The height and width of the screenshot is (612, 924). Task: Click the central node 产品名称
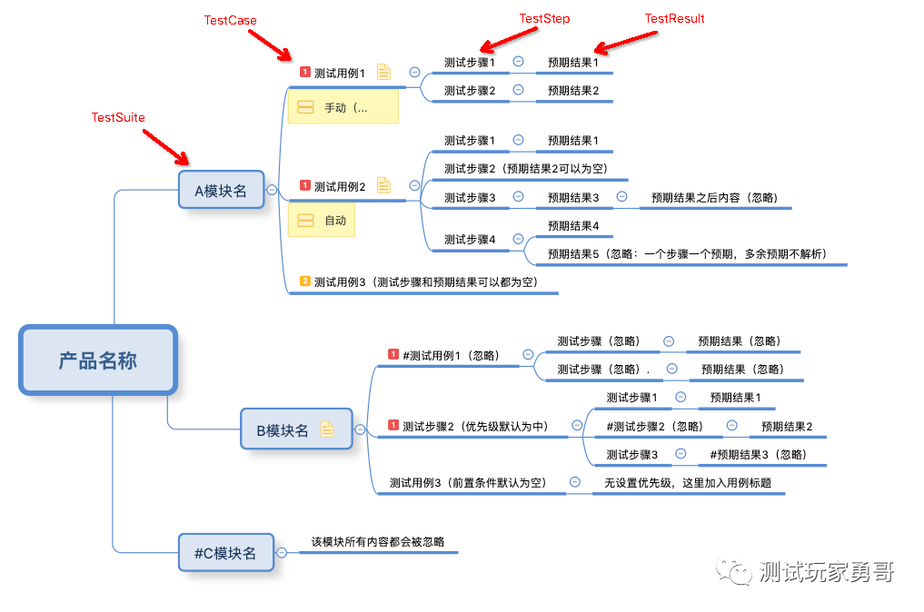98,360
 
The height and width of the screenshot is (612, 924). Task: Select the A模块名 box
221,191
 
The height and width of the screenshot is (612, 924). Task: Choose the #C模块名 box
225,552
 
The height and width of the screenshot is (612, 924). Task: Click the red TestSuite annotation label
118,117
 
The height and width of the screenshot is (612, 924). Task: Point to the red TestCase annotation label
230,20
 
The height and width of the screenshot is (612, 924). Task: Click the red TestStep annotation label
544,18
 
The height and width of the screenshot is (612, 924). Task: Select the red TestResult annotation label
674,18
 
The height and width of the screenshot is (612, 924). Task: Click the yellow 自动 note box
322,221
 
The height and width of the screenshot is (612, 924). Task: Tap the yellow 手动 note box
343,108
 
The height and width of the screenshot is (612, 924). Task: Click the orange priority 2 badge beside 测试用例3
305,281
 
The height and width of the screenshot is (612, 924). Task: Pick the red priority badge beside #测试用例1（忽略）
393,354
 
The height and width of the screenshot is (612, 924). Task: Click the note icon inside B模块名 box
327,429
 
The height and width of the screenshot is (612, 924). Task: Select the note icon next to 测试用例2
383,185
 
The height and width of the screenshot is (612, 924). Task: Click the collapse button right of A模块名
271,190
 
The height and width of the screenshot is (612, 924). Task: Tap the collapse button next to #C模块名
282,552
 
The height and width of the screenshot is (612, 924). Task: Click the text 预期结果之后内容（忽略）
714,197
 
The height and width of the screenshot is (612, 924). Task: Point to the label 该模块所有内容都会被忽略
378,542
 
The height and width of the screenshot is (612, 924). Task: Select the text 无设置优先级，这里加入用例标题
688,482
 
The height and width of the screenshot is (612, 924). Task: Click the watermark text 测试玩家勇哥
825,572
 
